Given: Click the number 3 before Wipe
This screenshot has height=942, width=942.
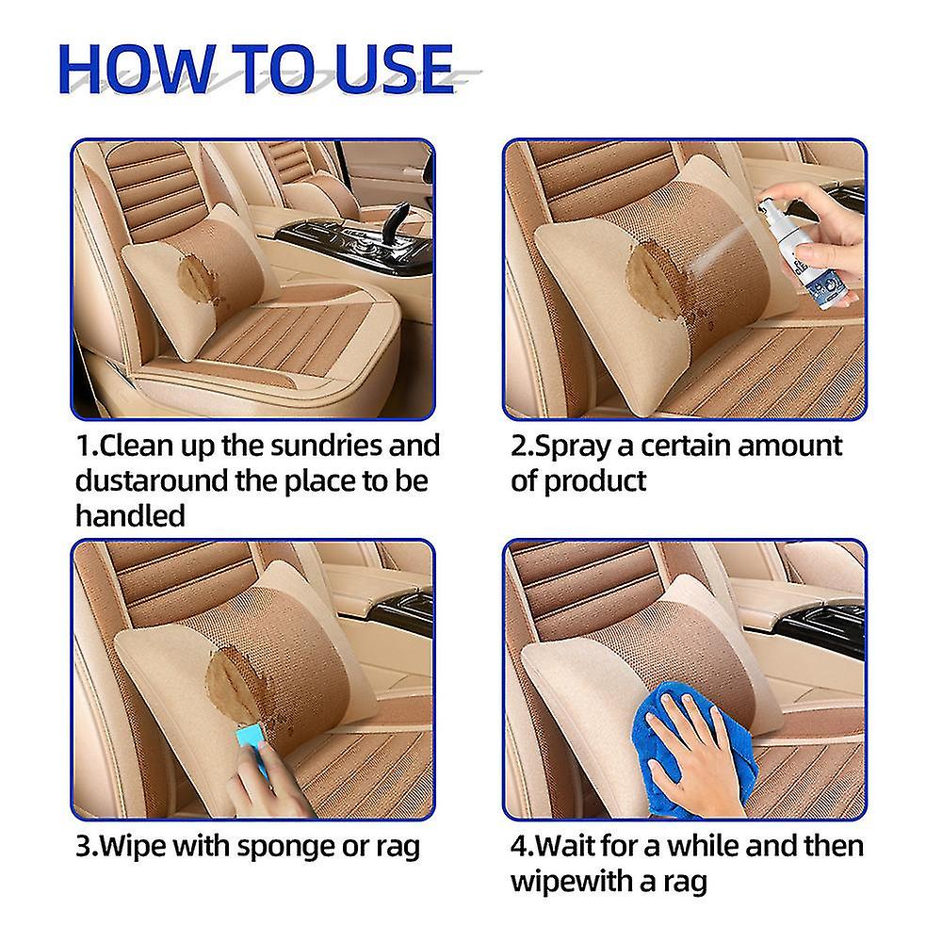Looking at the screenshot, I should [x=82, y=845].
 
